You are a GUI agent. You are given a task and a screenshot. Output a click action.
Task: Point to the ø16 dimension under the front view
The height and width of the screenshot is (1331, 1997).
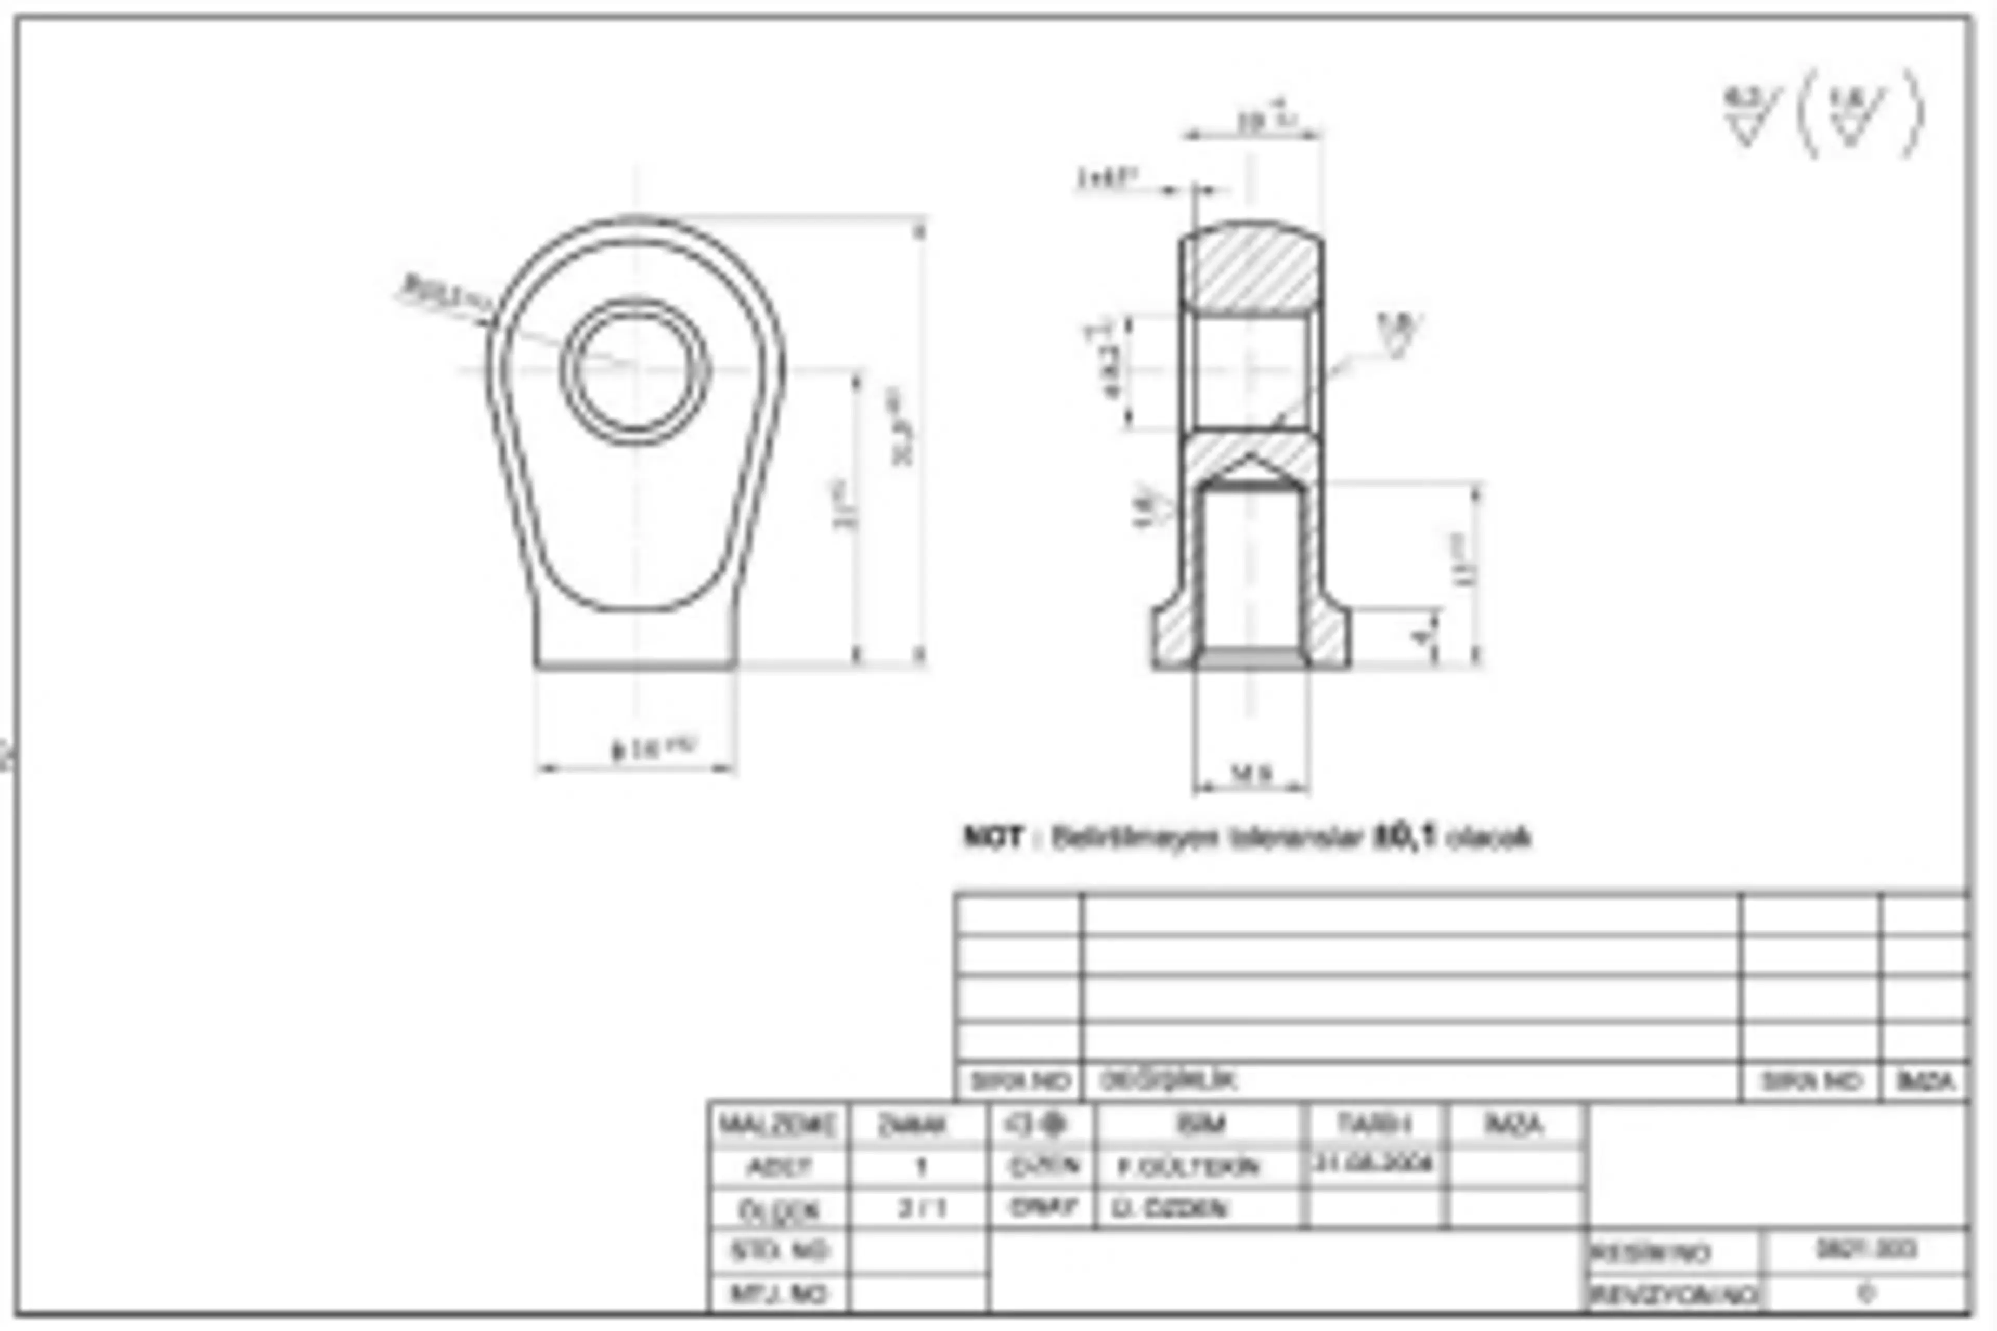coord(652,749)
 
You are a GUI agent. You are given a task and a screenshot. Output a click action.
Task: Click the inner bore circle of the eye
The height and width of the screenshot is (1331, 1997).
coord(635,371)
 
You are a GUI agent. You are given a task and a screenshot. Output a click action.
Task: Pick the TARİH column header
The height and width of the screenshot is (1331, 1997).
coord(1374,1125)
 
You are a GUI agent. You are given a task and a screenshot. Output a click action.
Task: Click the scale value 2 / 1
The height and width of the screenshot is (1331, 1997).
coord(920,1208)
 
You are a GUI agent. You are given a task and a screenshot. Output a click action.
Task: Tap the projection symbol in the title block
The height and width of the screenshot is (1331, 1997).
coord(1041,1125)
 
